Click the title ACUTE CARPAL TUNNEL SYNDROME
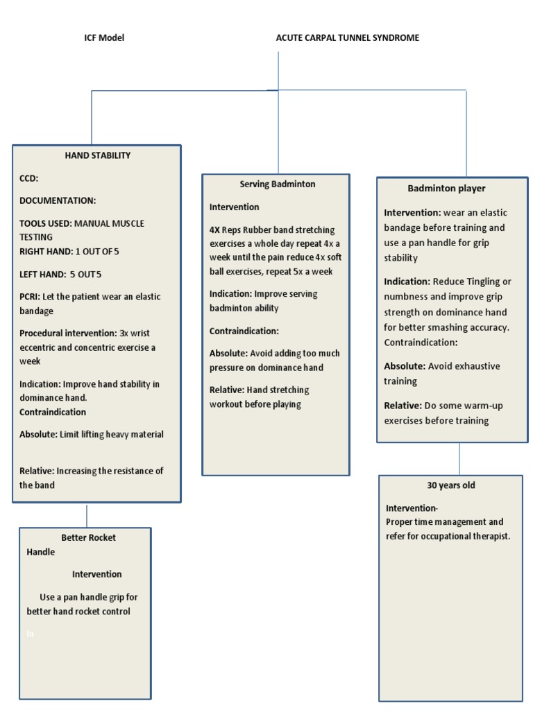[347, 38]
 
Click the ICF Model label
[104, 38]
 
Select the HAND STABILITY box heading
[97, 155]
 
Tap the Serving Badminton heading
[277, 184]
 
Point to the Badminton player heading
[446, 189]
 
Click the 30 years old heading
[450, 485]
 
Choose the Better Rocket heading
[88, 537]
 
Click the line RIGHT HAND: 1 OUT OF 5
[74, 251]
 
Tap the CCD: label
[29, 178]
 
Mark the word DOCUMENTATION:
[58, 200]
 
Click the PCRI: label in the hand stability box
[30, 297]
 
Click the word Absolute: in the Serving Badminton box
[228, 353]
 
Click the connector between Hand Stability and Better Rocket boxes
[87, 515]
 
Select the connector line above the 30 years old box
[459, 458]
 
